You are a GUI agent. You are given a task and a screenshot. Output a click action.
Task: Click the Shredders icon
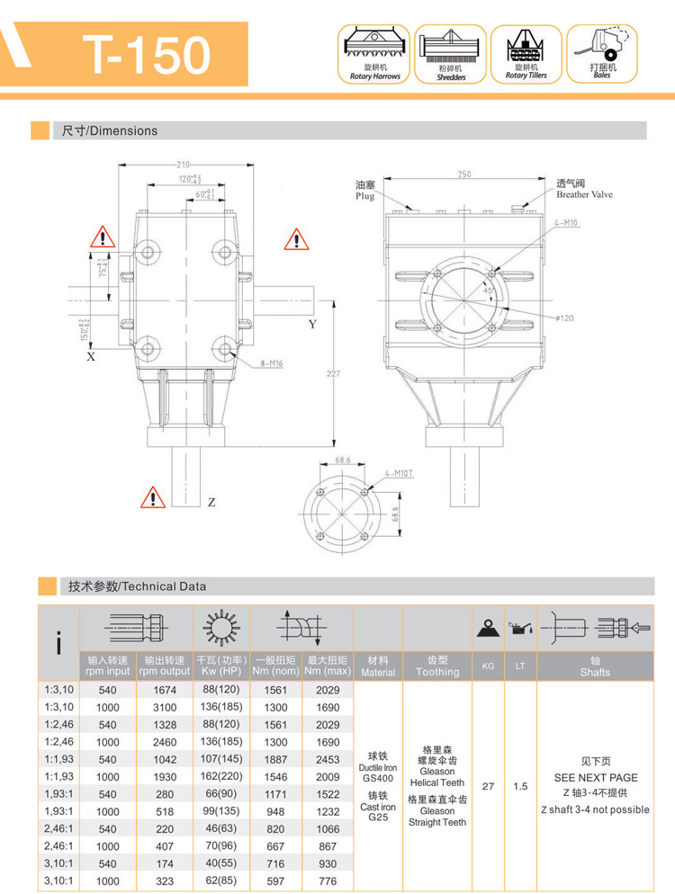(x=450, y=54)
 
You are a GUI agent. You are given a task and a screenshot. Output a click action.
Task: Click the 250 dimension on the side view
(x=463, y=174)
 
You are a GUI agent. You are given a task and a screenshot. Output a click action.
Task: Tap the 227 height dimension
(x=332, y=374)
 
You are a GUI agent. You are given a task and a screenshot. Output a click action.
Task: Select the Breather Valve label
(x=584, y=193)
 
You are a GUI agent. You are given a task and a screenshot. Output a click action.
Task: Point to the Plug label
(x=364, y=196)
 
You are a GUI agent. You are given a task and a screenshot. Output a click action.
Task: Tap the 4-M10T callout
(x=399, y=471)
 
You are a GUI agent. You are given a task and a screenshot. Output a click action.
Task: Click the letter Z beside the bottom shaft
(x=211, y=503)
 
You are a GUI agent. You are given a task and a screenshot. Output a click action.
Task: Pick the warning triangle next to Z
(x=153, y=497)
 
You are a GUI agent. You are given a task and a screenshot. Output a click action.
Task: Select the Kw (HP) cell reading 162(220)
(x=221, y=776)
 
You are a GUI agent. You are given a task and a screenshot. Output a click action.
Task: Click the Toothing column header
(x=437, y=666)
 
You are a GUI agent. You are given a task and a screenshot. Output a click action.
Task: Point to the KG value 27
(x=488, y=786)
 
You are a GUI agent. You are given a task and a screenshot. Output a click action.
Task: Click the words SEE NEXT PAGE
(x=595, y=777)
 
